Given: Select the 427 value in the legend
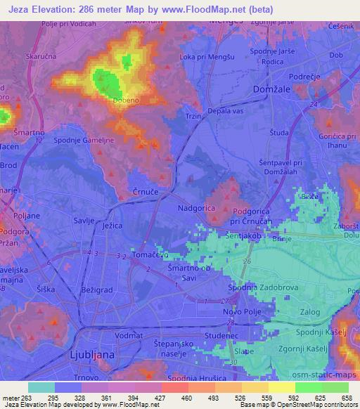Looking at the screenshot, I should [160, 398].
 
